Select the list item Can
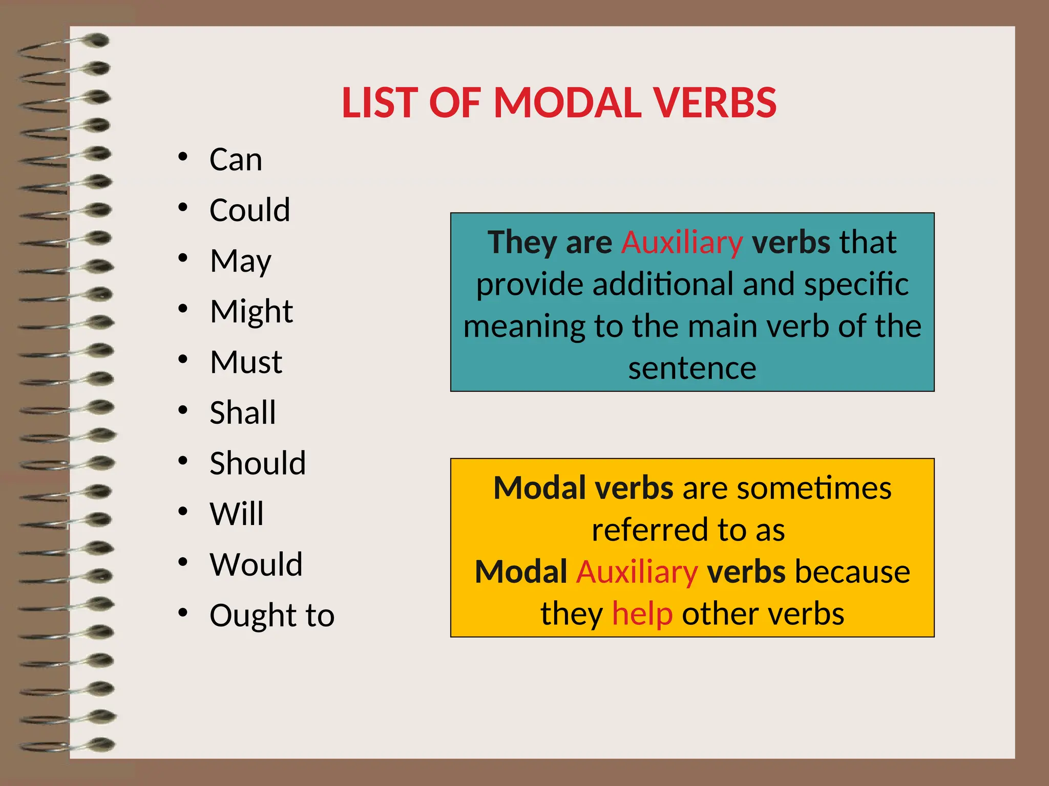236,160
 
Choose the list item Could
249,210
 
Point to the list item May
240,261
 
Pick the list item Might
251,312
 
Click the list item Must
246,362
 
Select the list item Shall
243,413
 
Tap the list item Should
258,464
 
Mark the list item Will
237,514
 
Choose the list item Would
256,564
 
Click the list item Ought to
272,615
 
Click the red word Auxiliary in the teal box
682,243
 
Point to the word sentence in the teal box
692,368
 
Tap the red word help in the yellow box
642,614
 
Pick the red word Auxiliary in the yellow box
637,572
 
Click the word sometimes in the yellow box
814,488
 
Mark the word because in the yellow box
852,572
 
